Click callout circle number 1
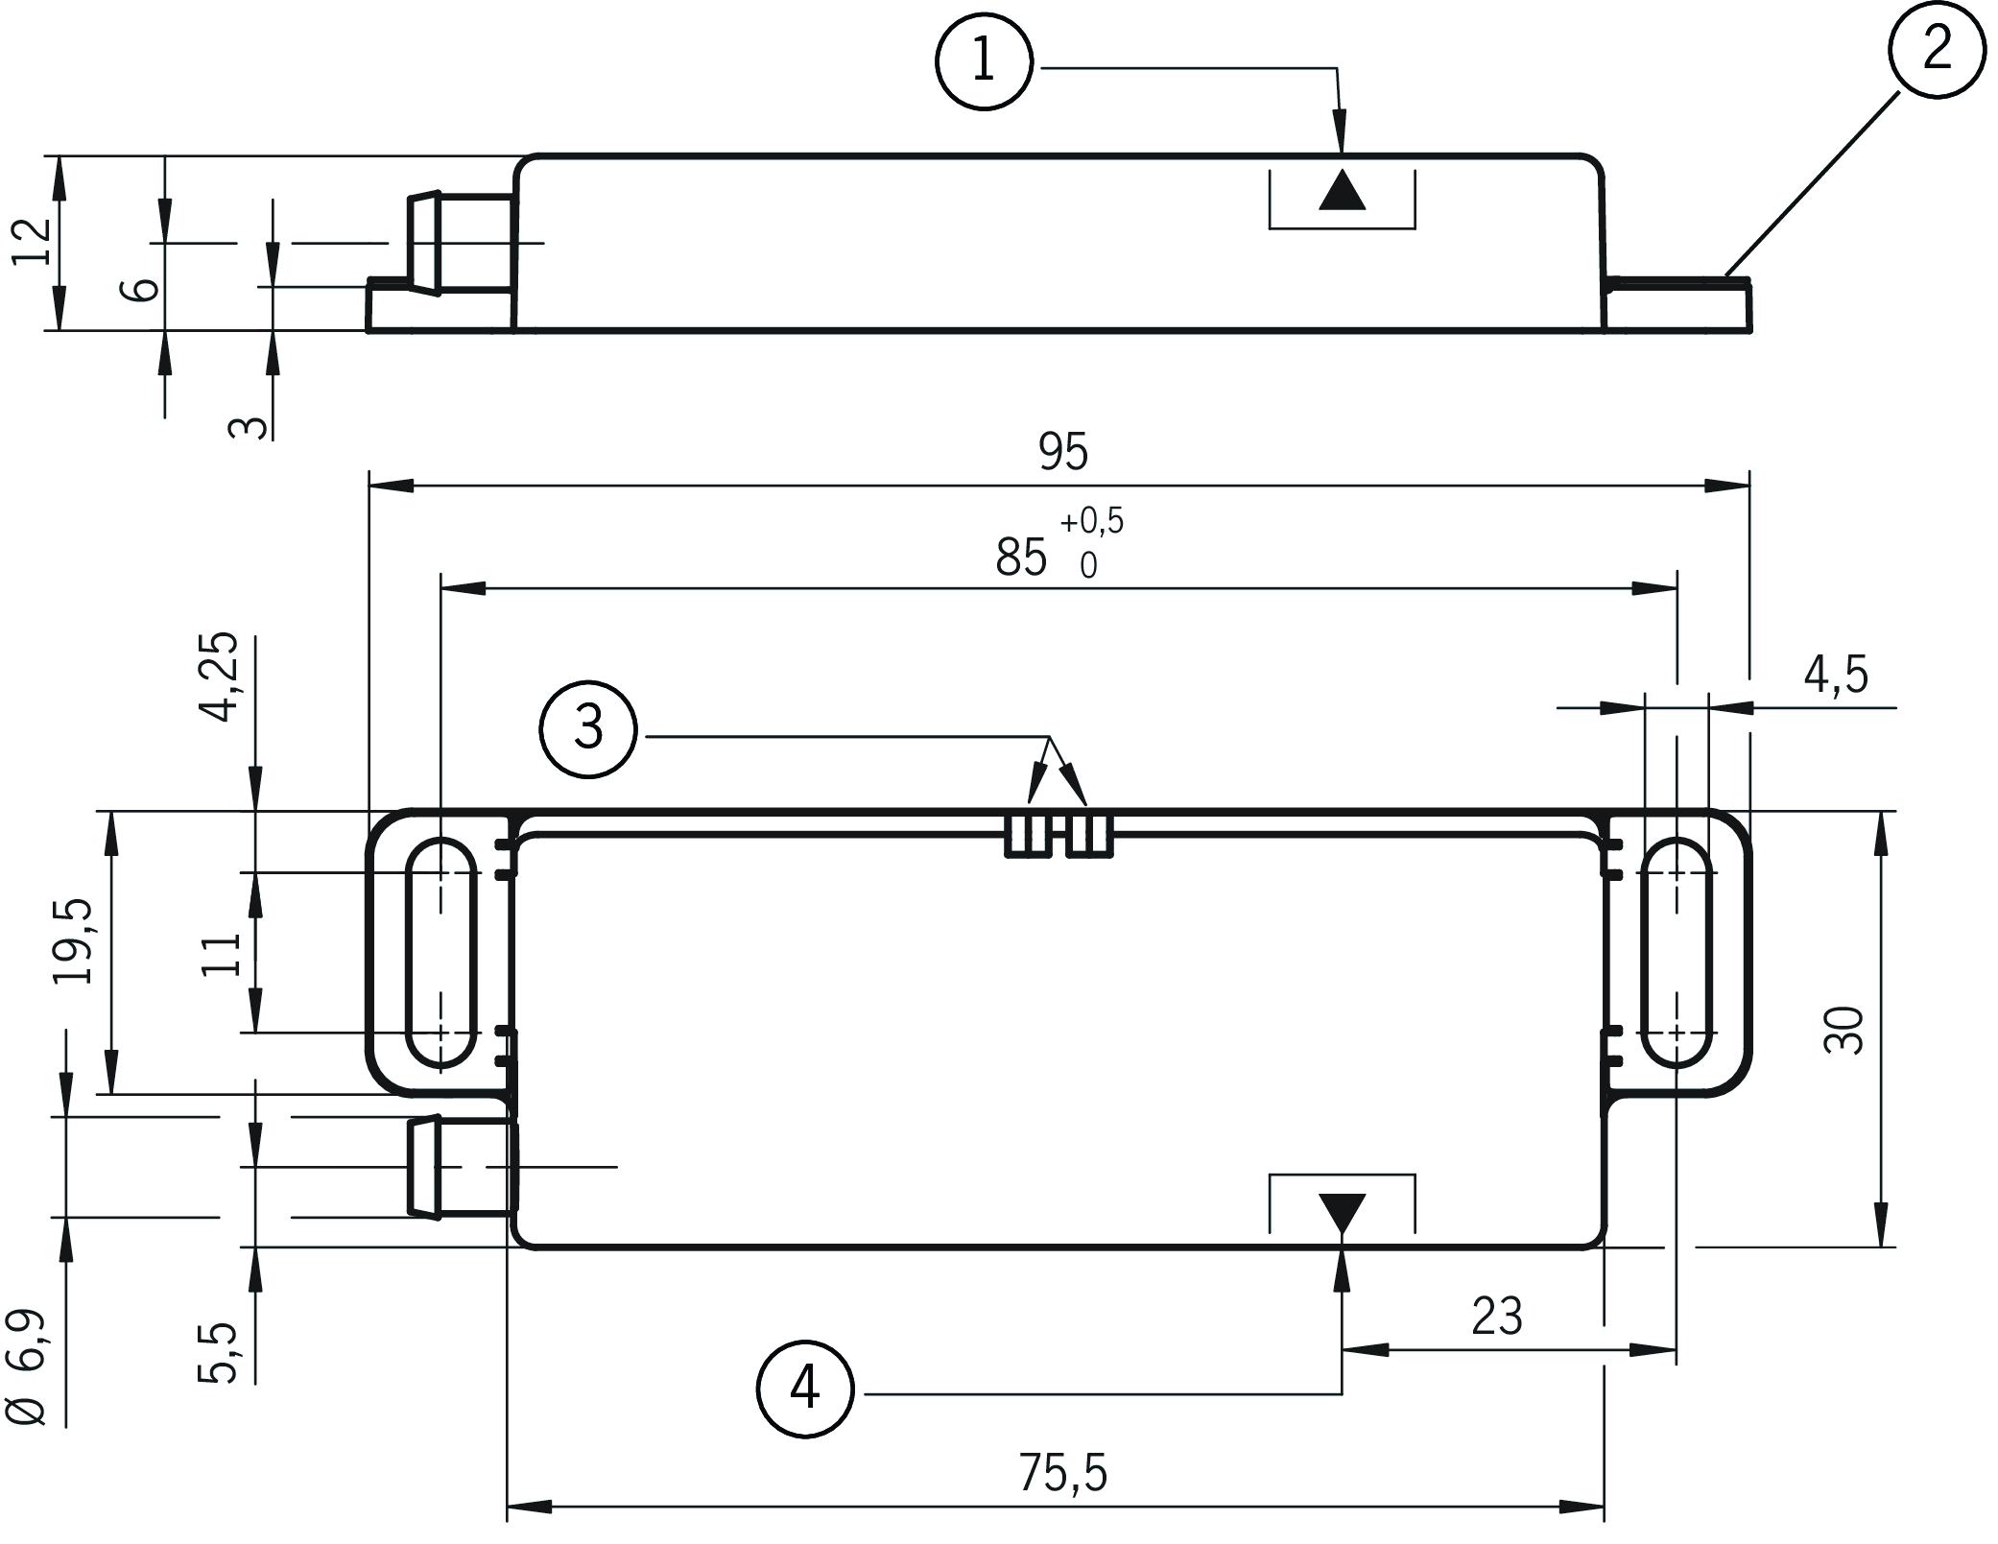984,62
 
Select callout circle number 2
1937,49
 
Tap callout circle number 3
588,728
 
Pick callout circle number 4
804,1390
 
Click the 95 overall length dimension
1063,452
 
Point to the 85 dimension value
1020,558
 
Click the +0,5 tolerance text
1091,521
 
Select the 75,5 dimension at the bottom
1062,1473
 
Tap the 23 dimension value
1496,1317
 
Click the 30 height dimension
1843,1030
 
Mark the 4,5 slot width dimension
1836,676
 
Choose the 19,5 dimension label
74,941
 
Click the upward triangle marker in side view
1342,191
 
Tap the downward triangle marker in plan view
1342,1212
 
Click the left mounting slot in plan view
441,953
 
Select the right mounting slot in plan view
1677,953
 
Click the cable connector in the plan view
461,1167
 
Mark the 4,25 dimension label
220,677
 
